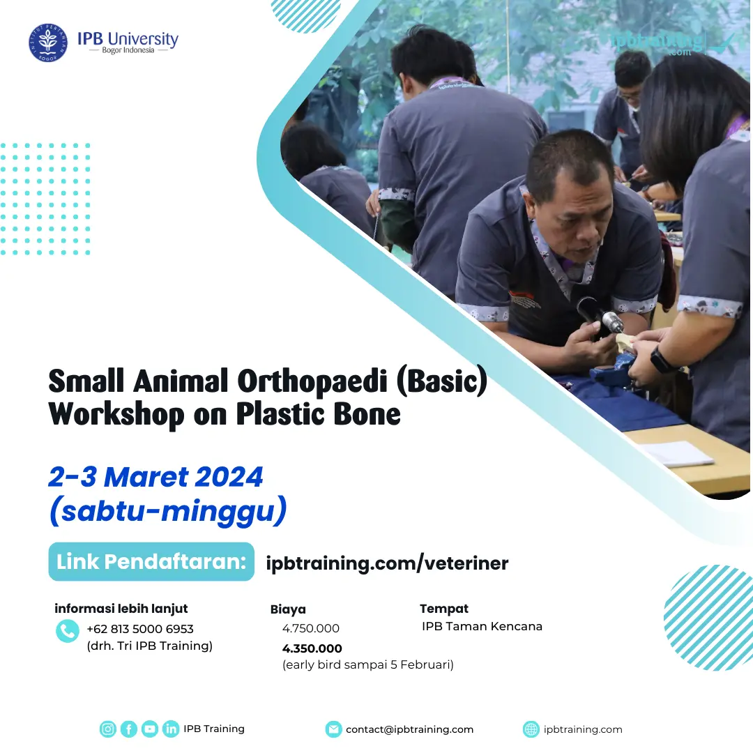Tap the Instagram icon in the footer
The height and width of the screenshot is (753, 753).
[x=108, y=729]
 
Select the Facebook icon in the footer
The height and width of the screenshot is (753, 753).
[x=129, y=729]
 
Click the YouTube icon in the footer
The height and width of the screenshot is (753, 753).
[x=150, y=729]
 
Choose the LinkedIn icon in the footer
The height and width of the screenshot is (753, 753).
[x=171, y=729]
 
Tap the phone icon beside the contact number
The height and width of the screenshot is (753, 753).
[x=67, y=631]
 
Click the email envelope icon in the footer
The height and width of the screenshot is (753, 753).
[x=334, y=729]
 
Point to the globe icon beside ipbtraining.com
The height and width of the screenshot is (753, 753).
[x=531, y=729]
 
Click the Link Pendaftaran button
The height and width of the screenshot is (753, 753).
[x=151, y=562]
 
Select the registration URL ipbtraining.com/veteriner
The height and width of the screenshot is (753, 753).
[x=388, y=563]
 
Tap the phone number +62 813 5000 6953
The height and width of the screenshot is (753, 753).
[x=140, y=629]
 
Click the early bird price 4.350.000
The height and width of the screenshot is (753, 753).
[x=312, y=648]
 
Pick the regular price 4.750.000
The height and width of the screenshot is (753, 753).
[x=311, y=629]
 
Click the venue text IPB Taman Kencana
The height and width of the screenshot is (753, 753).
[x=482, y=626]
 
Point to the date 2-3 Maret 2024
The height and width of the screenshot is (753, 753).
[x=155, y=478]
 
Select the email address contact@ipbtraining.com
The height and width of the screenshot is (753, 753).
[x=409, y=729]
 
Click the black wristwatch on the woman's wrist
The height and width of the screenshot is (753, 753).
[x=662, y=360]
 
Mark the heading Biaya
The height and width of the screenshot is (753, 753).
[x=288, y=609]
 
